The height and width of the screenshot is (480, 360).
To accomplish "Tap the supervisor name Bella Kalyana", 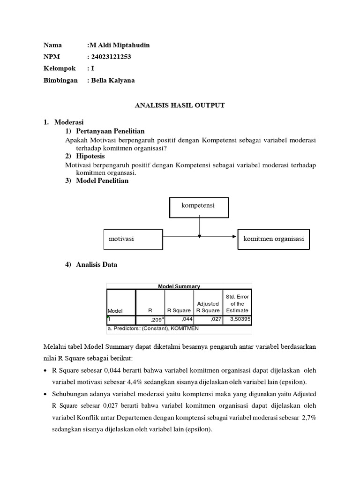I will pos(112,80).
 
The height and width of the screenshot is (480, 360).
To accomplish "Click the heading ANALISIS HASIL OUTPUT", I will pos(180,105).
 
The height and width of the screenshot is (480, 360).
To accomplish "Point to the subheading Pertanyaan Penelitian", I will pos(111,131).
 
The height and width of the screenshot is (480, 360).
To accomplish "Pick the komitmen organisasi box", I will pos(274,239).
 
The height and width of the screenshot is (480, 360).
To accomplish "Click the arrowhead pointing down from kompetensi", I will pos(199,236).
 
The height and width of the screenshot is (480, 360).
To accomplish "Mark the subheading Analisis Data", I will pos(97,265).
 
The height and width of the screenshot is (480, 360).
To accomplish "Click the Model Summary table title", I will pos(179,286).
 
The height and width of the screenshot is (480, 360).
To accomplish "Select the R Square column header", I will pos(179,310).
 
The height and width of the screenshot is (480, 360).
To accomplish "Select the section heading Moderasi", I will pos(68,122).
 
